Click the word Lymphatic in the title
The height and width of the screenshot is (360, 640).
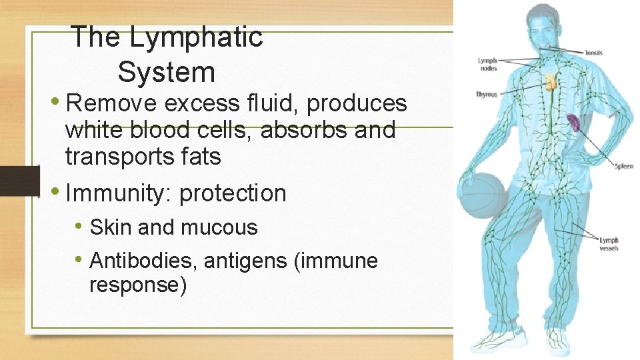pyautogui.click(x=196, y=37)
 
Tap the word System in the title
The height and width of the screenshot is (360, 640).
pyautogui.click(x=166, y=72)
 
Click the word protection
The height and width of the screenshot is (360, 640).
pyautogui.click(x=233, y=193)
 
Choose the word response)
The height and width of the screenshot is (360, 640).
pyautogui.click(x=137, y=285)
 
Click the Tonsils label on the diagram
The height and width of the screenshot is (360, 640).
pyautogui.click(x=593, y=52)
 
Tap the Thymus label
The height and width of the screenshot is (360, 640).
pyautogui.click(x=487, y=95)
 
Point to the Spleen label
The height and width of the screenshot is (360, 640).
pyautogui.click(x=623, y=166)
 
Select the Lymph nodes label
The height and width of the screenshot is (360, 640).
pyautogui.click(x=487, y=63)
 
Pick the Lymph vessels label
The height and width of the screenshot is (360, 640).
pyautogui.click(x=609, y=244)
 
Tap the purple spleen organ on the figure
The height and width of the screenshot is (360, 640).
pyautogui.click(x=573, y=122)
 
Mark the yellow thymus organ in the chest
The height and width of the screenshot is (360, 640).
pyautogui.click(x=551, y=83)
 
